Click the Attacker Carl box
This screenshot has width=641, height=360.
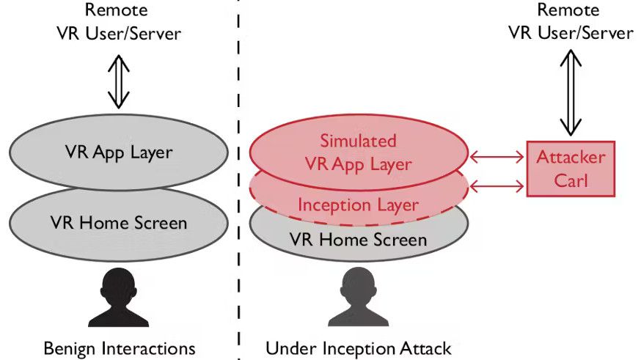click(571, 169)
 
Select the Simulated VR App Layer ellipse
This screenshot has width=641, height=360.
click(359, 152)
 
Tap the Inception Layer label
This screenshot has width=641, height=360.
click(359, 205)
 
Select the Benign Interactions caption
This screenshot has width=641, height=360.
click(119, 347)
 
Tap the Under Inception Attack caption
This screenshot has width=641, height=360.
click(359, 348)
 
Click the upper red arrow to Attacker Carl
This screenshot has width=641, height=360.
click(496, 155)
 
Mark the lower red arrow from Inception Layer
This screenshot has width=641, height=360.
click(496, 188)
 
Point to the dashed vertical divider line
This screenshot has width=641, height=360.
click(238, 183)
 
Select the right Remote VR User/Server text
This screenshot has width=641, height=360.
click(571, 22)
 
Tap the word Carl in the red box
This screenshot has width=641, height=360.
click(571, 180)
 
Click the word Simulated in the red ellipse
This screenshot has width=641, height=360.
click(359, 141)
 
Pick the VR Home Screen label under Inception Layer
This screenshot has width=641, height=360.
click(359, 239)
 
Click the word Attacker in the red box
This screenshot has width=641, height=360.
click(571, 158)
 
